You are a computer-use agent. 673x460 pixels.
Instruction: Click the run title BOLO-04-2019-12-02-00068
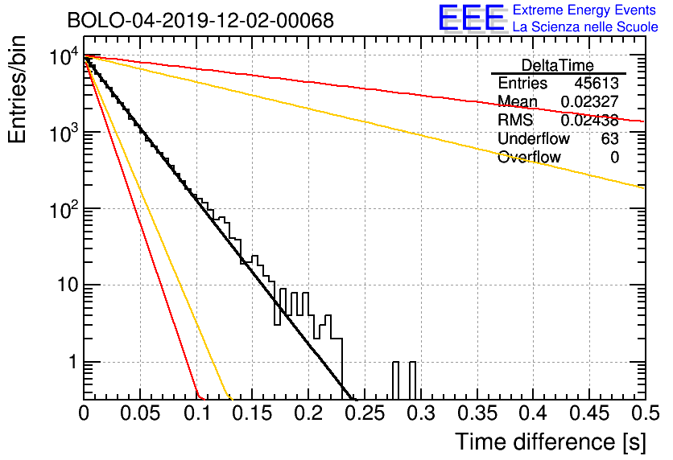[200, 20]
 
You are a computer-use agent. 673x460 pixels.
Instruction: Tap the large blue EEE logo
[472, 18]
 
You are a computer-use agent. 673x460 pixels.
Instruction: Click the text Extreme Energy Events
[584, 10]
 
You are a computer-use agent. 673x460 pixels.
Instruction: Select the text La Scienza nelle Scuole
[585, 27]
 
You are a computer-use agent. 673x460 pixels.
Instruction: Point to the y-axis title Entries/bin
[18, 89]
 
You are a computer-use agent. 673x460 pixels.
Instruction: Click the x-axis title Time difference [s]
[551, 442]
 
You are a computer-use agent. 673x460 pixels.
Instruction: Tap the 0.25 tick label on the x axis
[365, 413]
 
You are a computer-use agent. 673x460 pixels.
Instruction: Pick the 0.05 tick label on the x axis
[140, 413]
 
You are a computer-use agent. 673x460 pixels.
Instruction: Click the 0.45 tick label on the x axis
[589, 413]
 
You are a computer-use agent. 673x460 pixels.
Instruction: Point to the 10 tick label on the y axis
[68, 285]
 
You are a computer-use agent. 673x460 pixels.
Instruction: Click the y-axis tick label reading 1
[72, 362]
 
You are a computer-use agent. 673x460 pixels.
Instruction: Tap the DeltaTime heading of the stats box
[558, 65]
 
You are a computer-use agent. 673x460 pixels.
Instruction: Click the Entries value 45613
[597, 83]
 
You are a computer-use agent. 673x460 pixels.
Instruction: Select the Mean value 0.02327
[590, 101]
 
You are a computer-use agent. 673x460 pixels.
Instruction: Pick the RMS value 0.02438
[590, 120]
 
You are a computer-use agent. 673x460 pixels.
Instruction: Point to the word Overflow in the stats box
[529, 157]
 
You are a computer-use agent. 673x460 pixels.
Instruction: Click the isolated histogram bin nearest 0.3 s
[412, 380]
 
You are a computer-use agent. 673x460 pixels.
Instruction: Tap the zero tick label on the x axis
[84, 413]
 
